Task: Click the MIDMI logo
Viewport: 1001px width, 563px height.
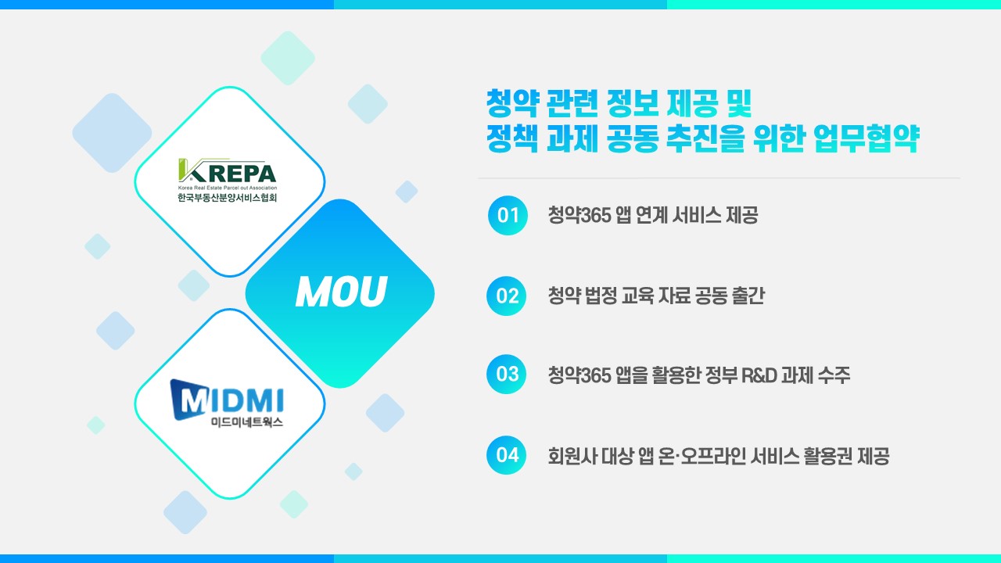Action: [x=227, y=400]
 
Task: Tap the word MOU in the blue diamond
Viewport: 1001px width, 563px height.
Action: [x=341, y=292]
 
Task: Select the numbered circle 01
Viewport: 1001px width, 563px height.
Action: [x=508, y=215]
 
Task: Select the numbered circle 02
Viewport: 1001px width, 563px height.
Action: [x=506, y=296]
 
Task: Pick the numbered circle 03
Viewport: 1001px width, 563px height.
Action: [x=506, y=375]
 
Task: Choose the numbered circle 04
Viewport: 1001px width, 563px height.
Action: [x=506, y=455]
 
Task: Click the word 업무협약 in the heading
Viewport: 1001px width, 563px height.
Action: [x=866, y=138]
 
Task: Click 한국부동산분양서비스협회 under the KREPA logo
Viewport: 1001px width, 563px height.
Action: [x=228, y=198]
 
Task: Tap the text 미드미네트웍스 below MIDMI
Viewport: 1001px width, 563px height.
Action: [x=247, y=421]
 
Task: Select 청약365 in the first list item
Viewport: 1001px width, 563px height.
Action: [x=579, y=215]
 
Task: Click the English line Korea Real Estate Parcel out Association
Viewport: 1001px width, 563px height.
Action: [x=228, y=188]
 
